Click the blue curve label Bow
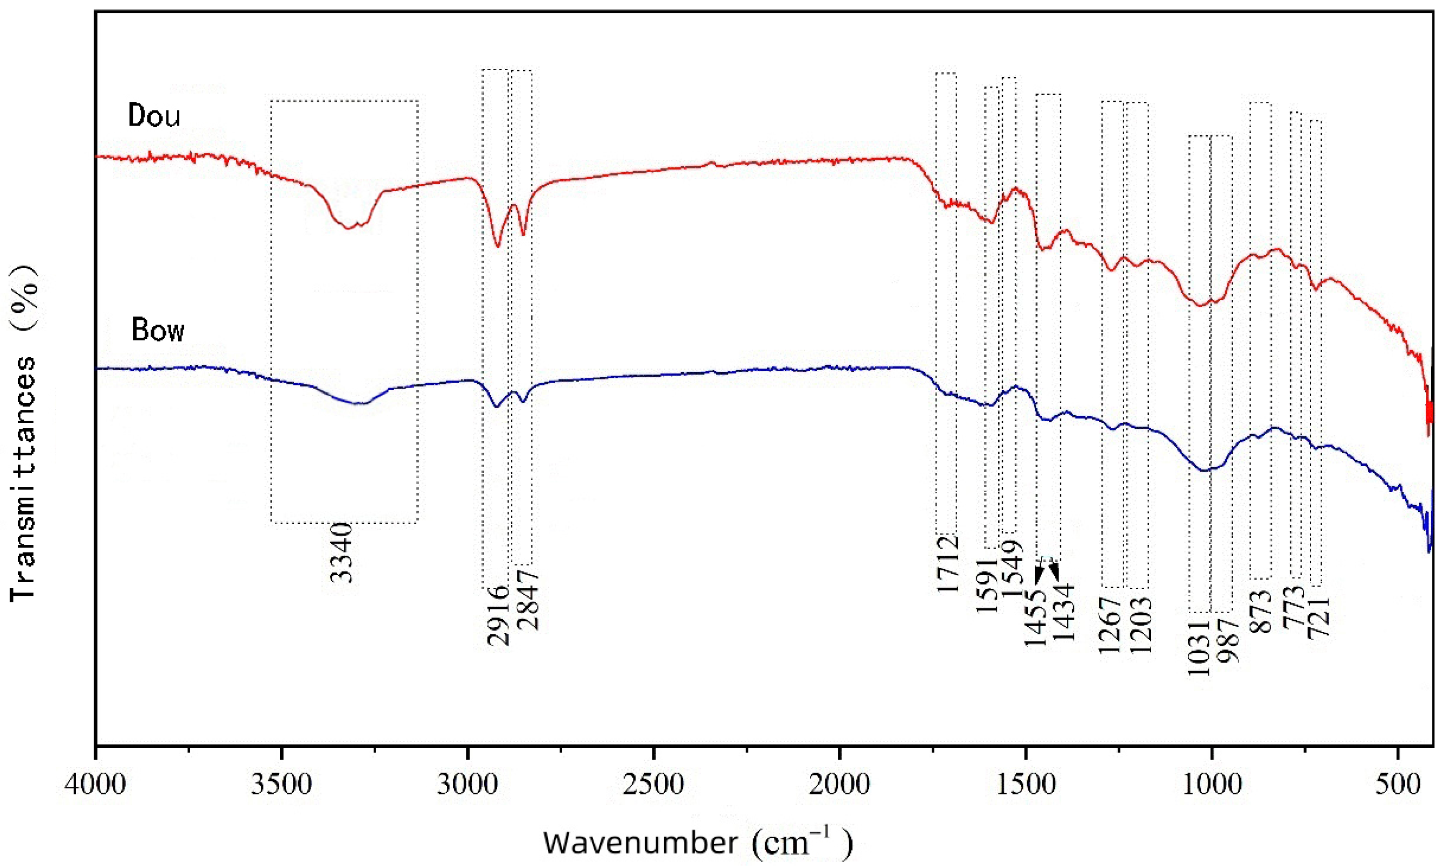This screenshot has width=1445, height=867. pos(158,330)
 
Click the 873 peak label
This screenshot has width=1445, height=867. pos(1260,611)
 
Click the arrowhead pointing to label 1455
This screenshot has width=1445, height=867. pos(1039,576)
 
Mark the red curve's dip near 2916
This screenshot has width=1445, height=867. pos(498,246)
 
